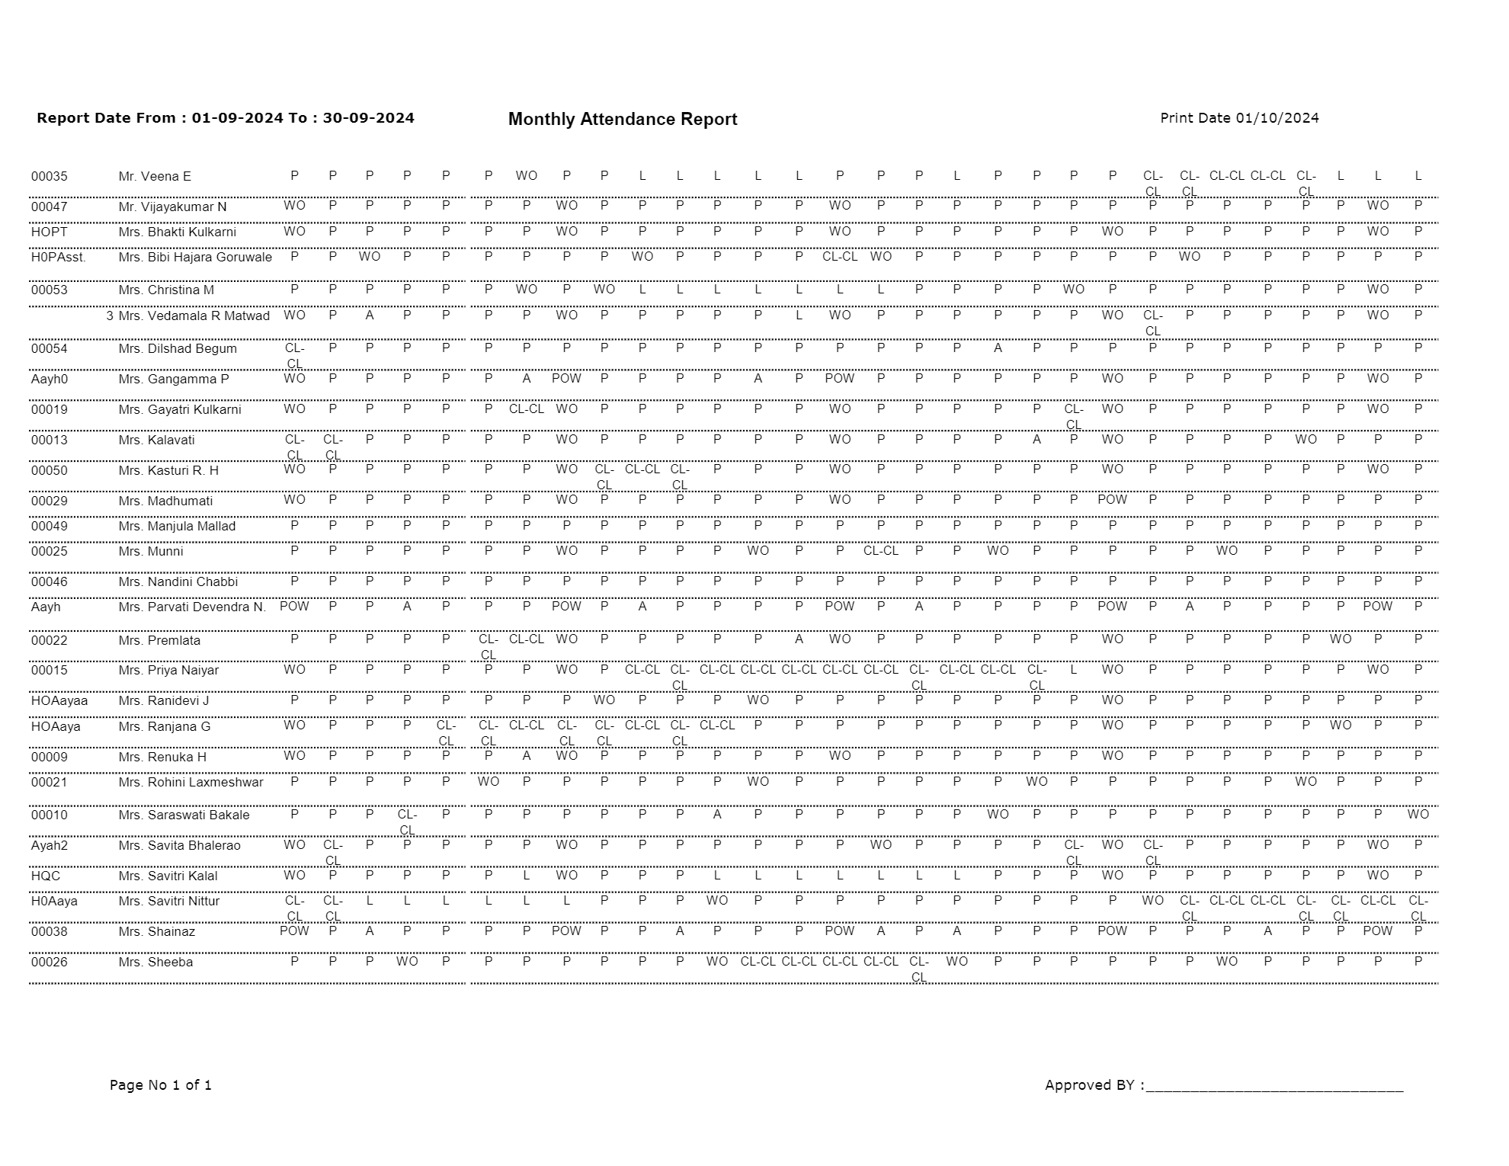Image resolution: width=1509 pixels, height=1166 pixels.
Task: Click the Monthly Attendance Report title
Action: click(x=622, y=119)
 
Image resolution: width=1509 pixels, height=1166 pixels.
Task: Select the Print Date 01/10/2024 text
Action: click(x=1239, y=118)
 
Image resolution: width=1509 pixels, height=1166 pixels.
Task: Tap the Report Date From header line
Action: click(x=226, y=118)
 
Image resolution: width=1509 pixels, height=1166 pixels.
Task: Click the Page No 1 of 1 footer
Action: click(x=161, y=1084)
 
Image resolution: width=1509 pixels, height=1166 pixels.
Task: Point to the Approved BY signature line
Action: click(x=1274, y=1087)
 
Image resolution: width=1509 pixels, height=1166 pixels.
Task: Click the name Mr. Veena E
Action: click(x=155, y=177)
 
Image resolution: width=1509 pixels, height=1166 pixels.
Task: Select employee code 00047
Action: click(x=49, y=207)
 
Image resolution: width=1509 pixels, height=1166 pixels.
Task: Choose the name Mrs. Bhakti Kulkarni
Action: click(x=177, y=232)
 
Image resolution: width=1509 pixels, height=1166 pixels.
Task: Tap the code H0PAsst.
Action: click(x=59, y=258)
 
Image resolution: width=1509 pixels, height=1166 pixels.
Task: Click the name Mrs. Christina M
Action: click(x=166, y=290)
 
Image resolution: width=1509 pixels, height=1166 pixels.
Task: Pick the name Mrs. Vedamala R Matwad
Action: click(x=194, y=316)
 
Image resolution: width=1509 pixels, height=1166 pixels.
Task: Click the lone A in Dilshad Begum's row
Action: click(x=998, y=348)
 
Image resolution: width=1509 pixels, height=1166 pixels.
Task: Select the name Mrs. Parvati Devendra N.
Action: click(x=192, y=607)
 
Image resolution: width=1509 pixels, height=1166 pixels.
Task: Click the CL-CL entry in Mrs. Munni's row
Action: click(x=880, y=550)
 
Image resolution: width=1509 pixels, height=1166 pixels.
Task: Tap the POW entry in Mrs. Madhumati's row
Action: click(x=1112, y=500)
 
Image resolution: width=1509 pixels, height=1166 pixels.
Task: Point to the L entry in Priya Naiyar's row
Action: click(x=1073, y=670)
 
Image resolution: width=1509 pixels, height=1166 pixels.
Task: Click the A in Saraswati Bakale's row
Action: click(x=716, y=815)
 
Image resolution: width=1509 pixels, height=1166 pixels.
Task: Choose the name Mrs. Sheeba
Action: click(x=155, y=963)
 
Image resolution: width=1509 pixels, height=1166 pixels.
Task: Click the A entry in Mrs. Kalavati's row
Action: click(x=1036, y=440)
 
